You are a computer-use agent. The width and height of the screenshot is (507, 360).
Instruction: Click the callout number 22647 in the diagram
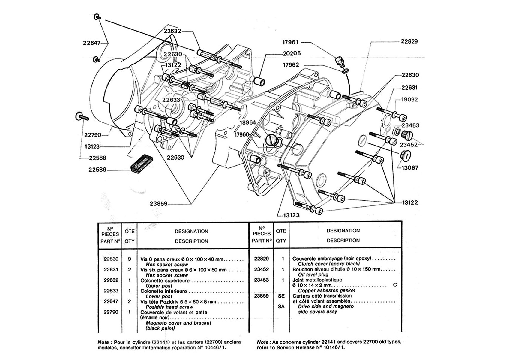click(x=91, y=43)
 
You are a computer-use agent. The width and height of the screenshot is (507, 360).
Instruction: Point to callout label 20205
click(x=292, y=53)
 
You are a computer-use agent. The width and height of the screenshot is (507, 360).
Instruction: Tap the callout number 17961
click(x=290, y=42)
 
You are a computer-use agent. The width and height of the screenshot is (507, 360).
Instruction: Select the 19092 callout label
click(x=409, y=100)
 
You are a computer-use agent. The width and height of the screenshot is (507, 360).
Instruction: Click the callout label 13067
click(x=410, y=168)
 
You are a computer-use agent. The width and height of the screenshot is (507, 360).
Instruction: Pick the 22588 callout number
click(x=97, y=158)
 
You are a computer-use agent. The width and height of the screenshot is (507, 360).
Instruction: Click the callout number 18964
click(x=247, y=123)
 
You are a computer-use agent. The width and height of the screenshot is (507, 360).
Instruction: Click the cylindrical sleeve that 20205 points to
click(x=260, y=82)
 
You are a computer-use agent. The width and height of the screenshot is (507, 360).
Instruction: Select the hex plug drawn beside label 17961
click(x=339, y=61)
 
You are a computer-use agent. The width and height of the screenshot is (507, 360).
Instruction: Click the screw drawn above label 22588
click(x=82, y=116)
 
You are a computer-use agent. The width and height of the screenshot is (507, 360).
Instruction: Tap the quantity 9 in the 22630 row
click(x=130, y=259)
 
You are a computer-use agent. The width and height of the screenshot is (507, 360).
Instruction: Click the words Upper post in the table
click(x=159, y=286)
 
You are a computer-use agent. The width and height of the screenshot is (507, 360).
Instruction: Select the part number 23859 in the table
click(x=261, y=296)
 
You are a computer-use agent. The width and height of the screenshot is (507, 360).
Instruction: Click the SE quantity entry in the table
click(x=281, y=296)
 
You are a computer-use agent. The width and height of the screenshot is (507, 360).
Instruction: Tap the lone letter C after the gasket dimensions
click(x=395, y=285)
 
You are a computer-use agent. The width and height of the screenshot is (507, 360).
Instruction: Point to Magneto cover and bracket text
click(x=178, y=323)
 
